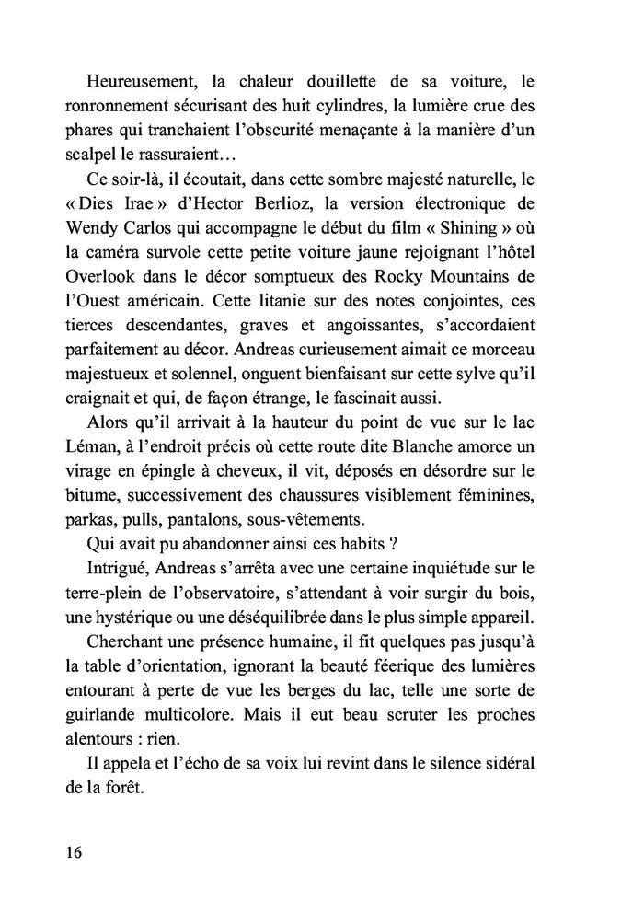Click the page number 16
tap(74, 851)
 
